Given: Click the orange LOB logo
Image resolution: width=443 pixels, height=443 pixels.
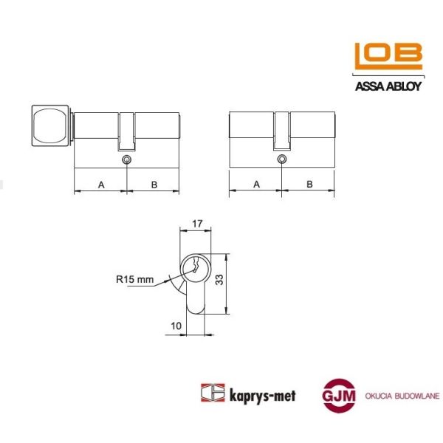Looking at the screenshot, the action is click(388, 56).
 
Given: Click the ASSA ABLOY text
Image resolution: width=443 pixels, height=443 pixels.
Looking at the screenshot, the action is click(388, 86).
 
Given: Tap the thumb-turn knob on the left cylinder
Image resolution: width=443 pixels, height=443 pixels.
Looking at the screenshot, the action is click(50, 126).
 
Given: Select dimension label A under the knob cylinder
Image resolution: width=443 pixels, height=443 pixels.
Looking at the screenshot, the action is click(101, 185).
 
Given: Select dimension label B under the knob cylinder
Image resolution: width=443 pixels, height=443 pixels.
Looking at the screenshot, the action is click(154, 185).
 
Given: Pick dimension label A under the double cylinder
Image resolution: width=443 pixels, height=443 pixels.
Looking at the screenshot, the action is click(256, 185).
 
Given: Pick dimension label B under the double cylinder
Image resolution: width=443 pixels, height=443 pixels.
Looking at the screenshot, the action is click(309, 185).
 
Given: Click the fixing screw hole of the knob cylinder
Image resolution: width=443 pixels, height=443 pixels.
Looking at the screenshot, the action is click(126, 159).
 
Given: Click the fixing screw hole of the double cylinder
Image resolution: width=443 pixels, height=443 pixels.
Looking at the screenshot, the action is click(282, 159).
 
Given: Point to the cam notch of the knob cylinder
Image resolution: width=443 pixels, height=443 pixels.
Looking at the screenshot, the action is click(126, 131).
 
